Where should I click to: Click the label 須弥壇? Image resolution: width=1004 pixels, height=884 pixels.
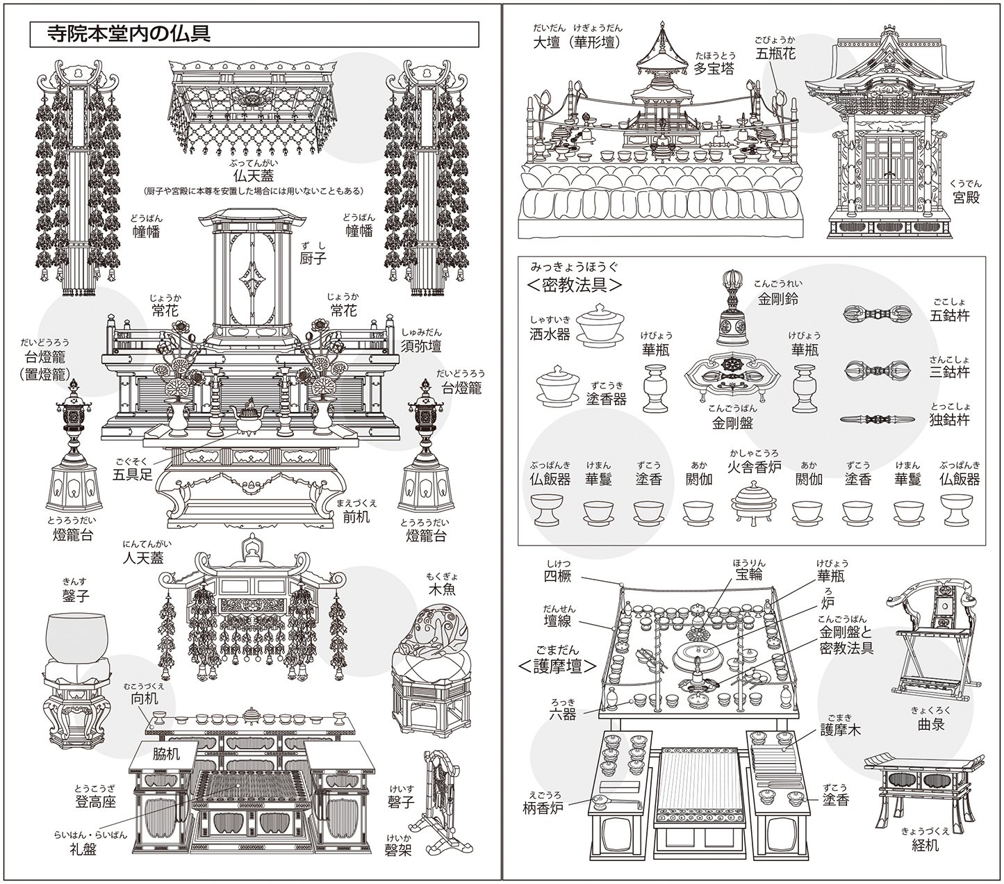coord(421,345)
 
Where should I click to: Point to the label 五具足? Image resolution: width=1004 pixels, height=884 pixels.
coord(133,475)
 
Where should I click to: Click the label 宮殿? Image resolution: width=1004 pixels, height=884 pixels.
coord(965,197)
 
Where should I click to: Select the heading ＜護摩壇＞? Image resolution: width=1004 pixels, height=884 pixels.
coord(558,666)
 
